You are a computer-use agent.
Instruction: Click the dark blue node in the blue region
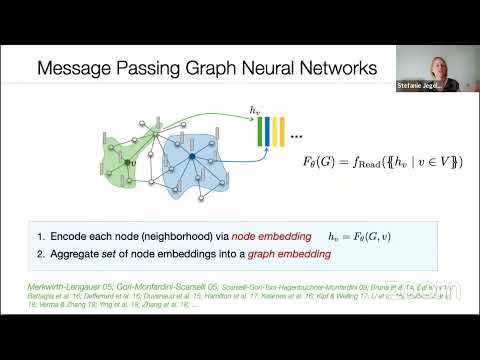coord(192,156)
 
